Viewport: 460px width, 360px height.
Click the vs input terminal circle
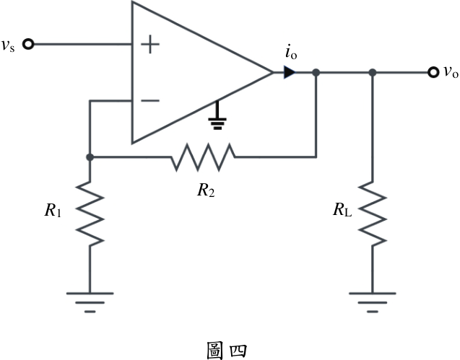coord(28,44)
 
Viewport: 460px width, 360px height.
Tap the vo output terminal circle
coord(433,72)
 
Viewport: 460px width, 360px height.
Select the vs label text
coord(8,45)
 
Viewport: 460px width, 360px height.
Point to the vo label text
coord(451,72)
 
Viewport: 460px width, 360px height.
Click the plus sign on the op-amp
coord(150,44)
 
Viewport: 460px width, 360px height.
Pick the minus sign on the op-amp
coord(150,100)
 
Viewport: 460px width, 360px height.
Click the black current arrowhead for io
coord(290,72)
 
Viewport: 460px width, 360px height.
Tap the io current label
coord(291,53)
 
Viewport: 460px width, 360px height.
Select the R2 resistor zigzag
coord(203,157)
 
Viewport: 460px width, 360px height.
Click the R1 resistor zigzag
coord(90,214)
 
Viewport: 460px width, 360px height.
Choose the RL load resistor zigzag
coord(373,214)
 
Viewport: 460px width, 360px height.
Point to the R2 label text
coord(206,190)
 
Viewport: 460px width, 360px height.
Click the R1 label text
coord(53,210)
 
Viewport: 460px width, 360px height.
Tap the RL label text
coord(342,210)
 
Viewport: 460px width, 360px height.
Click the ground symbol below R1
coord(90,302)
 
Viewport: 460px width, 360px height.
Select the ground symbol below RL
coord(373,302)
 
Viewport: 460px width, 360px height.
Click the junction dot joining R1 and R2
coord(90,157)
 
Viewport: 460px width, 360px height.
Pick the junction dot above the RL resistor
coord(373,72)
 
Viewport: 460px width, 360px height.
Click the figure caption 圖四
coord(227,351)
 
